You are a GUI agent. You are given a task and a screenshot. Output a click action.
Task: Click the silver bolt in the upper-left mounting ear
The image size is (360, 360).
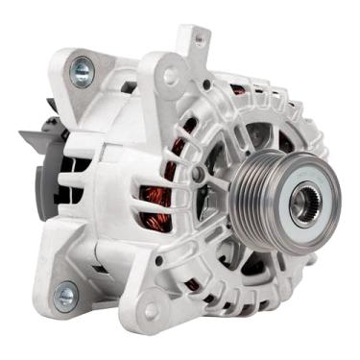pyautogui.click(x=82, y=68)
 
